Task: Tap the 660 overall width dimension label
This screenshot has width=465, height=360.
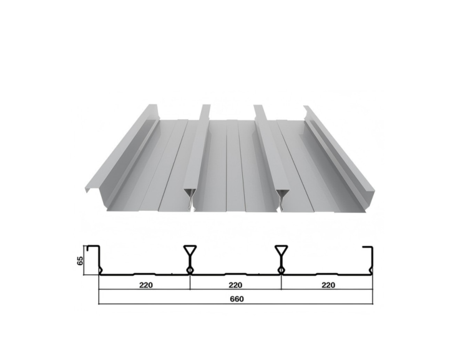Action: [x=236, y=298]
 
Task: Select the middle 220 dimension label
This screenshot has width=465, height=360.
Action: [x=235, y=285]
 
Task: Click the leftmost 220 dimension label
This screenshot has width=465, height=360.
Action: [x=144, y=285]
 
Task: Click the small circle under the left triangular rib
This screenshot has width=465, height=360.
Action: [x=190, y=270]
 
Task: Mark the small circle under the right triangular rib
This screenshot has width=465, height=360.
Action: [x=281, y=270]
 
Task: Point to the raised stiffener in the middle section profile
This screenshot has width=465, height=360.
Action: [x=235, y=273]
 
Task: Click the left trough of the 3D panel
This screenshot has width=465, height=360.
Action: [x=156, y=168]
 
